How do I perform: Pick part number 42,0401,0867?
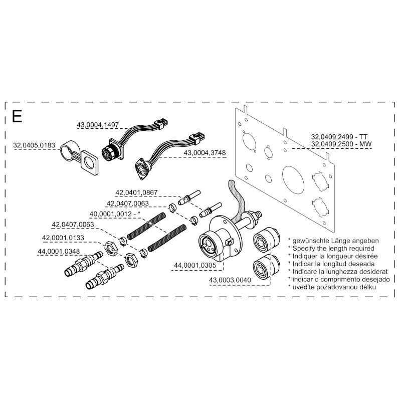(136, 192)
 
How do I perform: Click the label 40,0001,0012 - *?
(115, 214)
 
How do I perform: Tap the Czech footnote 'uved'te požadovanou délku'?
(331, 287)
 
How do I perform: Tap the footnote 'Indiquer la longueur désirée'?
(332, 256)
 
